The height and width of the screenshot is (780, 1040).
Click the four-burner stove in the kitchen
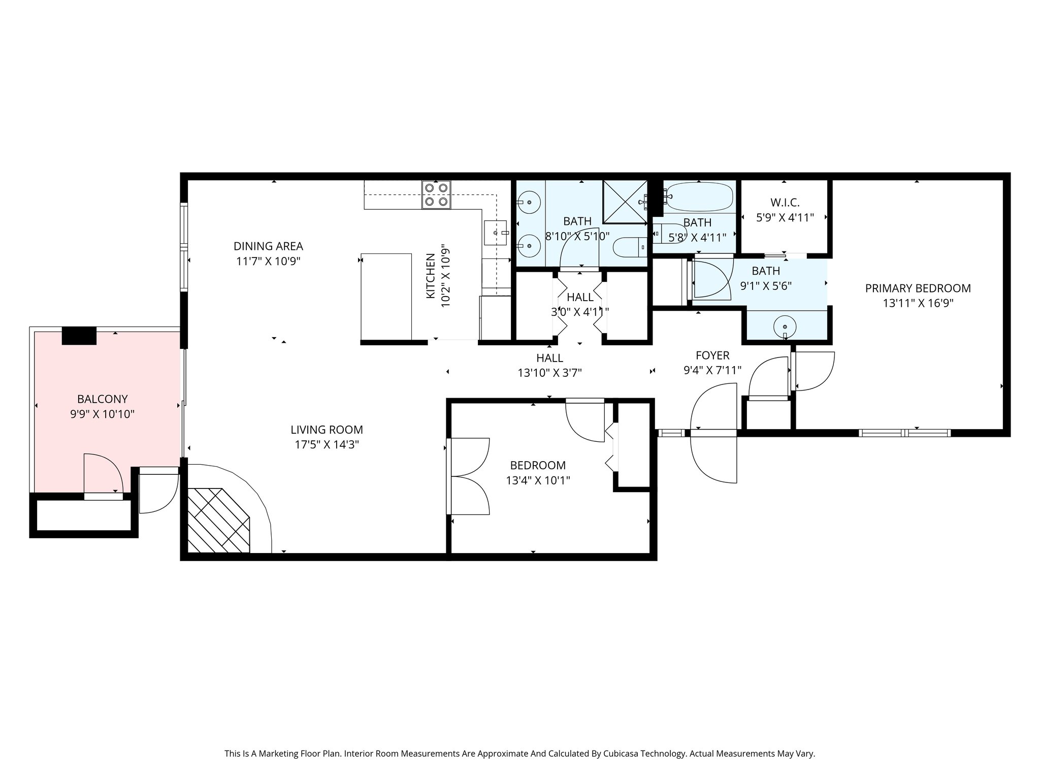click(x=437, y=194)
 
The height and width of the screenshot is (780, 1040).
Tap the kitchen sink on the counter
click(x=496, y=233)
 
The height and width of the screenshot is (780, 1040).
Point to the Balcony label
click(x=102, y=399)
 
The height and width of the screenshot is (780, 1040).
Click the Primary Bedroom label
click(x=918, y=288)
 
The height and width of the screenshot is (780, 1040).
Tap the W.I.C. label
click(x=785, y=203)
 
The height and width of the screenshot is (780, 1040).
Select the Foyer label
click(x=712, y=355)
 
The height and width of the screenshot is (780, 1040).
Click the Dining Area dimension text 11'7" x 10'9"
click(x=268, y=262)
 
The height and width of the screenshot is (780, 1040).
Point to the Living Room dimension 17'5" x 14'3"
click(x=327, y=445)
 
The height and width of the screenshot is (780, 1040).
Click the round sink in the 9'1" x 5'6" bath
click(x=786, y=327)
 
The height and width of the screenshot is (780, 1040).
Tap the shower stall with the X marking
click(x=625, y=202)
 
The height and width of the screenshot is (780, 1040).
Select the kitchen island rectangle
click(x=386, y=297)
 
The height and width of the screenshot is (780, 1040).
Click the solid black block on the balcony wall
click(x=79, y=336)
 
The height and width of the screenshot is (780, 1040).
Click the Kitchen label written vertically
click(x=430, y=276)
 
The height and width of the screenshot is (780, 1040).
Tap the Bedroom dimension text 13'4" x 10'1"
click(x=538, y=480)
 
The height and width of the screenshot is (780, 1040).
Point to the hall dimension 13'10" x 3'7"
click(x=549, y=373)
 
